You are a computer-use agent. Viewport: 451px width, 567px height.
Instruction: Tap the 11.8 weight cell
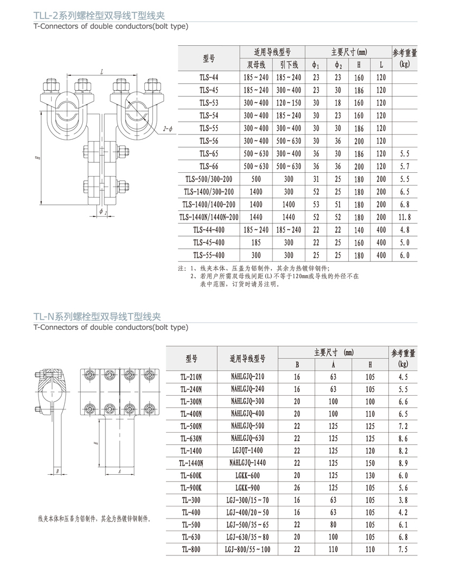405,217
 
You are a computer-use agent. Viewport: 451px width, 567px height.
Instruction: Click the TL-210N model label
191,377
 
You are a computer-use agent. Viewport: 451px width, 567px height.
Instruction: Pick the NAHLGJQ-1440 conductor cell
248,463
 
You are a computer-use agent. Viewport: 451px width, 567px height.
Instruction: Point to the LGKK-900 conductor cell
248,488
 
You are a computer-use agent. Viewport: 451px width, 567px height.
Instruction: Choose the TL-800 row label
191,549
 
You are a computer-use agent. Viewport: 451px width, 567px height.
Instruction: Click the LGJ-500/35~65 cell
248,525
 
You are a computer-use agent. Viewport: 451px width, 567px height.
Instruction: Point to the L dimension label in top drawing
101,72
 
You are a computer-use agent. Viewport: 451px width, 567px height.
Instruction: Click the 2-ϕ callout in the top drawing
168,129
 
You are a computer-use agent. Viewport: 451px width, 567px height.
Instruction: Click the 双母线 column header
257,65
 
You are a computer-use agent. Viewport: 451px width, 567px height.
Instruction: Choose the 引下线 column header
289,65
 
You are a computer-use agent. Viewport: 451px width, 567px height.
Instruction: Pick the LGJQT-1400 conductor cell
248,451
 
